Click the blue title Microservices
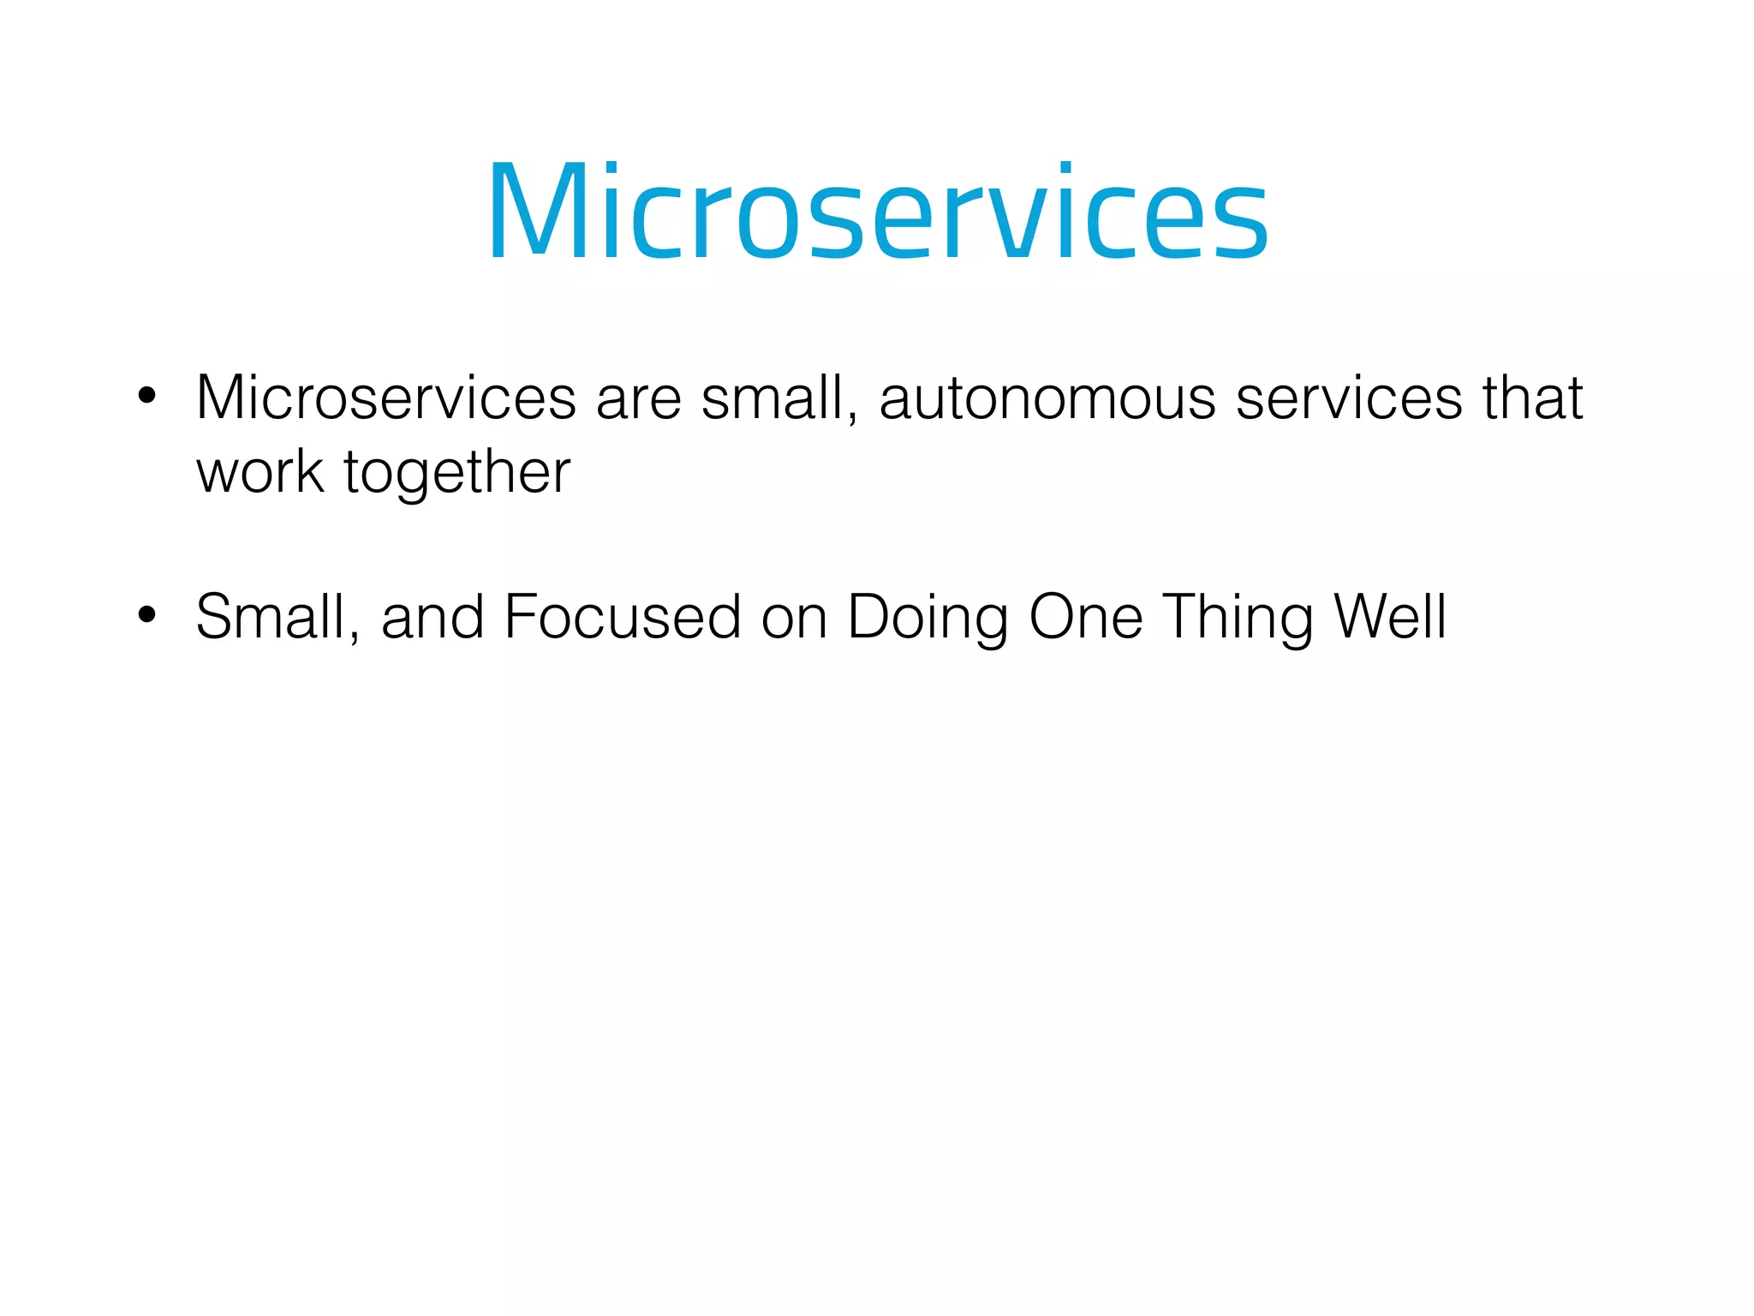[877, 212]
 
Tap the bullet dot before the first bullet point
[147, 396]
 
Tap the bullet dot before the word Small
[147, 614]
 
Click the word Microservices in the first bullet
[386, 398]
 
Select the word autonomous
[1047, 399]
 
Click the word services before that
[1349, 399]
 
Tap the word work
[260, 472]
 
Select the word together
[456, 474]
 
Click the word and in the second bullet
[433, 617]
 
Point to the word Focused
[623, 617]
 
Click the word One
[1085, 617]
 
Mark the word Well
[1389, 617]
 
